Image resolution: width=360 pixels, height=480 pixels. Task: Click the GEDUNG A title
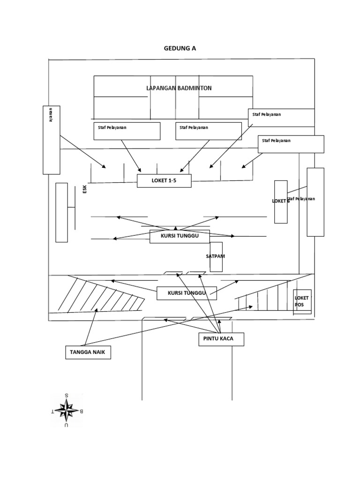[x=180, y=48]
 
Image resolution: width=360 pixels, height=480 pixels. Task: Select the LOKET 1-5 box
[x=164, y=180]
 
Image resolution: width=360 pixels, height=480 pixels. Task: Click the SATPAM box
[x=216, y=257]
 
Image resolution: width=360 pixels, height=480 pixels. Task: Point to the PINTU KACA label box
[x=221, y=339]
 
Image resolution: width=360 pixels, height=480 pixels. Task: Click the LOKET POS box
[x=302, y=301]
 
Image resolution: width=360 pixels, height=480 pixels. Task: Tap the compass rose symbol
[x=67, y=410]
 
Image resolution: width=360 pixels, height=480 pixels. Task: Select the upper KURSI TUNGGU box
[x=179, y=237]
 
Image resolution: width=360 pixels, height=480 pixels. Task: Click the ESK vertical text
[x=85, y=189]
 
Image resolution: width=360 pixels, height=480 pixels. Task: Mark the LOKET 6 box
[x=281, y=202]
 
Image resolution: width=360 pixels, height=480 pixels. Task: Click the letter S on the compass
[x=67, y=395]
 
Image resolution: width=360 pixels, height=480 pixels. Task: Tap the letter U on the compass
[x=67, y=425]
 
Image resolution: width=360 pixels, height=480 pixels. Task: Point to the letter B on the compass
[x=82, y=411]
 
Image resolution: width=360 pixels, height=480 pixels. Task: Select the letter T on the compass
[x=52, y=411]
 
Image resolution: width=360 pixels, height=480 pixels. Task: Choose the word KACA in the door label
[x=231, y=339]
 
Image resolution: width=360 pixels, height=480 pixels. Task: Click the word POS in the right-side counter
[x=299, y=305]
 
